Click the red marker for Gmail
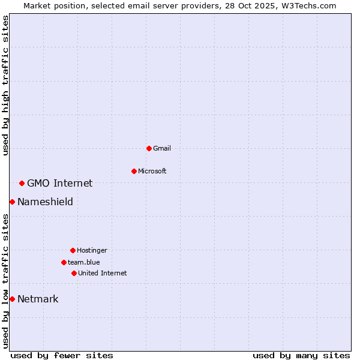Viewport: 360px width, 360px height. (x=149, y=148)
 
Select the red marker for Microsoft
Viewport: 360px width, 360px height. (x=134, y=171)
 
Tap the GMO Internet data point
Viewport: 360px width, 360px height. (x=22, y=183)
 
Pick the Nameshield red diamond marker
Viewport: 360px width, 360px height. (x=12, y=202)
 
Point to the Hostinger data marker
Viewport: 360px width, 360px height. (x=73, y=250)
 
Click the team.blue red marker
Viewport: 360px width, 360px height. (x=64, y=262)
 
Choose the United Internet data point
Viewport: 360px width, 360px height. (x=74, y=273)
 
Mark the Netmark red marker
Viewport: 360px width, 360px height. (x=12, y=299)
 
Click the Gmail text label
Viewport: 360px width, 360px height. (x=162, y=148)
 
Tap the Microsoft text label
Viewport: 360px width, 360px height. (x=152, y=171)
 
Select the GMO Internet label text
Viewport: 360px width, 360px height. (x=60, y=183)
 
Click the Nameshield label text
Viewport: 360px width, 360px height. (x=45, y=202)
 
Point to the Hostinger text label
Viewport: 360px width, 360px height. (x=92, y=250)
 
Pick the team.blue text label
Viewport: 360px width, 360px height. (x=84, y=262)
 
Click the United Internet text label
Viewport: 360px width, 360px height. (x=103, y=273)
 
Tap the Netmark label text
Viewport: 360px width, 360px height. (x=38, y=299)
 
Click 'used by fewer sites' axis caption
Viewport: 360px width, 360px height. (x=62, y=355)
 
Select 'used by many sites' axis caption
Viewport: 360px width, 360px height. (x=301, y=355)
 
